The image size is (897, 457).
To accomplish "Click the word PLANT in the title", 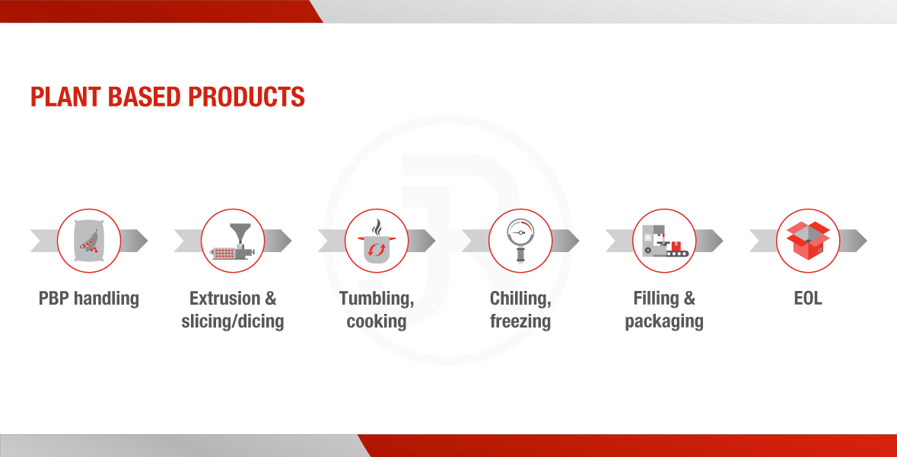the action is tap(65, 97).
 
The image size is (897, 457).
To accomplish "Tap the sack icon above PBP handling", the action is tap(89, 241).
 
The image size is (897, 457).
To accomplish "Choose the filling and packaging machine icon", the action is tap(664, 241).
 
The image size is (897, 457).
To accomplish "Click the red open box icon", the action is tap(808, 241).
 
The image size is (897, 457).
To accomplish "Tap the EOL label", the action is tap(808, 298).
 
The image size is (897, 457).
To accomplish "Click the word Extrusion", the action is tap(225, 298).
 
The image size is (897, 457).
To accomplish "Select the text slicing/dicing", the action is tap(232, 321).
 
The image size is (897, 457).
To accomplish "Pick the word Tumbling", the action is tap(376, 299).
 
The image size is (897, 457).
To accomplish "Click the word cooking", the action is tap(377, 321).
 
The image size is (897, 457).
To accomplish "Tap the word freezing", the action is tap(520, 321).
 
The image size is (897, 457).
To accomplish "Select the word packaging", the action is tap(664, 321).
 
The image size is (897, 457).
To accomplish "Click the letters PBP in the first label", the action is tap(53, 298).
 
